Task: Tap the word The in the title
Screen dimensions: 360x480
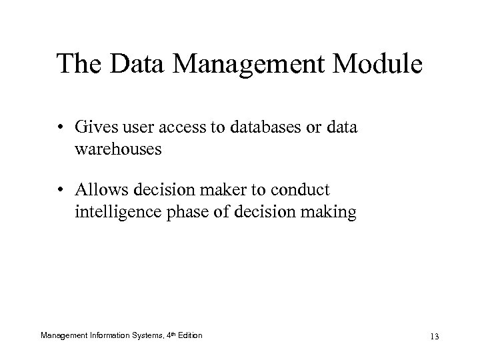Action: click(79, 65)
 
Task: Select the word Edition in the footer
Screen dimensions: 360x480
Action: click(189, 334)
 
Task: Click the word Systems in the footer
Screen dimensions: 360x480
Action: click(143, 334)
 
